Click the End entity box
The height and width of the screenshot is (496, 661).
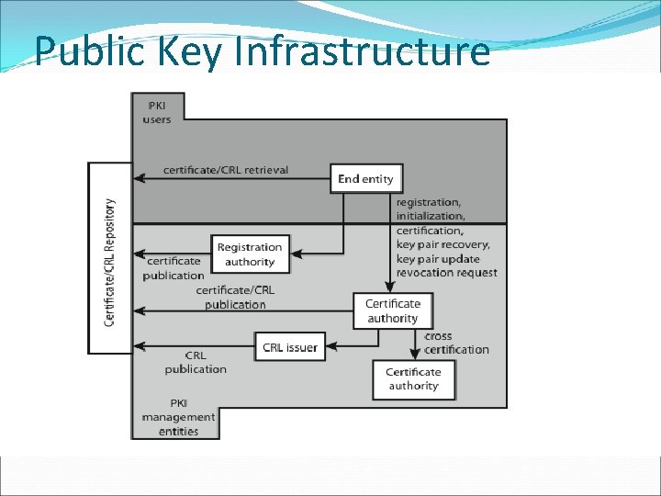click(365, 178)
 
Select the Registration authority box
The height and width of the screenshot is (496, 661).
click(250, 254)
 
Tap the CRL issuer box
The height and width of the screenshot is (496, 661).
click(290, 347)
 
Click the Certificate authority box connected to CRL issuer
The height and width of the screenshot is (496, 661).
click(393, 310)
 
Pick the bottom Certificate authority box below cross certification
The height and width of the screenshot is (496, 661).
click(413, 378)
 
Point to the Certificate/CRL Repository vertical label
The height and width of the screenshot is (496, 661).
click(110, 262)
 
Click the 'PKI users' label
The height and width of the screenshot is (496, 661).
click(156, 112)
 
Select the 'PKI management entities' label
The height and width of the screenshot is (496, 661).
click(178, 417)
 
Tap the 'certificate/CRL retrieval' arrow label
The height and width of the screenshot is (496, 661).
click(225, 170)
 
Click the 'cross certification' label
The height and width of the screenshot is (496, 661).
click(456, 343)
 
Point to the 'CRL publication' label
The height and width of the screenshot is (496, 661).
click(196, 362)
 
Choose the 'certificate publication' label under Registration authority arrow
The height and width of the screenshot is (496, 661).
click(174, 268)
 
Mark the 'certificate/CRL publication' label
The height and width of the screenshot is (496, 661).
click(235, 298)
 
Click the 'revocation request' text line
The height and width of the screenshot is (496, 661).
click(446, 273)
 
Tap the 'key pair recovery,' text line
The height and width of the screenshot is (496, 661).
click(443, 244)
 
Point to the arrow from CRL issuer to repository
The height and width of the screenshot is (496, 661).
click(194, 346)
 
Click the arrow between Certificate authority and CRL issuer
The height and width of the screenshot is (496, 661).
click(353, 346)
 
